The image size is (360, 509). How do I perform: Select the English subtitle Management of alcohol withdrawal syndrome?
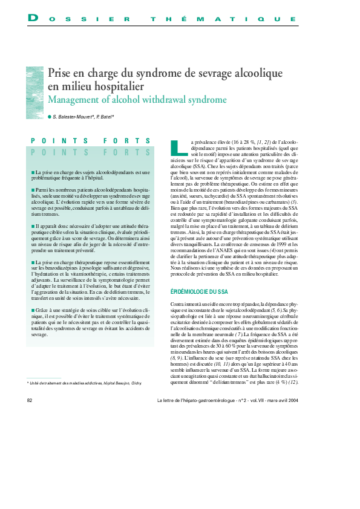click(137, 99)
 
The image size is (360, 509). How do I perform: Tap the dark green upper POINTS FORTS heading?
click(91, 141)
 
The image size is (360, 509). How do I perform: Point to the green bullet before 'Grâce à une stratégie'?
click(33, 310)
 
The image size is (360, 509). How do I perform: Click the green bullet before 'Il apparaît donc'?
click(33, 226)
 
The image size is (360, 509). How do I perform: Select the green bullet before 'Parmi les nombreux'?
click(33, 190)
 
